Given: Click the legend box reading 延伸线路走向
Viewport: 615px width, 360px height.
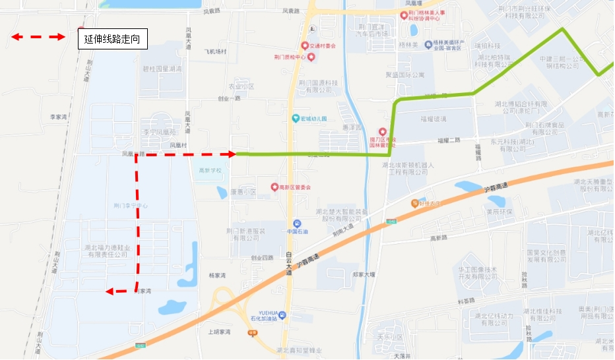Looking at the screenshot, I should pyautogui.click(x=112, y=40).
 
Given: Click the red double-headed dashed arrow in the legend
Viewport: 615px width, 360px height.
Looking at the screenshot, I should pyautogui.click(x=38, y=37).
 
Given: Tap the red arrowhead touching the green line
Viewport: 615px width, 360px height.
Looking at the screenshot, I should pyautogui.click(x=232, y=154).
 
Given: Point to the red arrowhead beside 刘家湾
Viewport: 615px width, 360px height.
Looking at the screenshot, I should pyautogui.click(x=111, y=291).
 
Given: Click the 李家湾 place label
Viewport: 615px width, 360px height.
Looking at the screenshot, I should pyautogui.click(x=59, y=117).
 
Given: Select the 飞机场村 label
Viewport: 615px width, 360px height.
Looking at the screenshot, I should pyautogui.click(x=215, y=51).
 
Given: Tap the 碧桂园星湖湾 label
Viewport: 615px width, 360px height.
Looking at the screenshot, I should pyautogui.click(x=162, y=69).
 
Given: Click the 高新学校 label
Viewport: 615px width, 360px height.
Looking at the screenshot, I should pyautogui.click(x=210, y=170).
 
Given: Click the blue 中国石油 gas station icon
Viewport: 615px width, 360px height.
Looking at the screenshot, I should pyautogui.click(x=297, y=224).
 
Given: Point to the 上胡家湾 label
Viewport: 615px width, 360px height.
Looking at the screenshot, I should pyautogui.click(x=219, y=332).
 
